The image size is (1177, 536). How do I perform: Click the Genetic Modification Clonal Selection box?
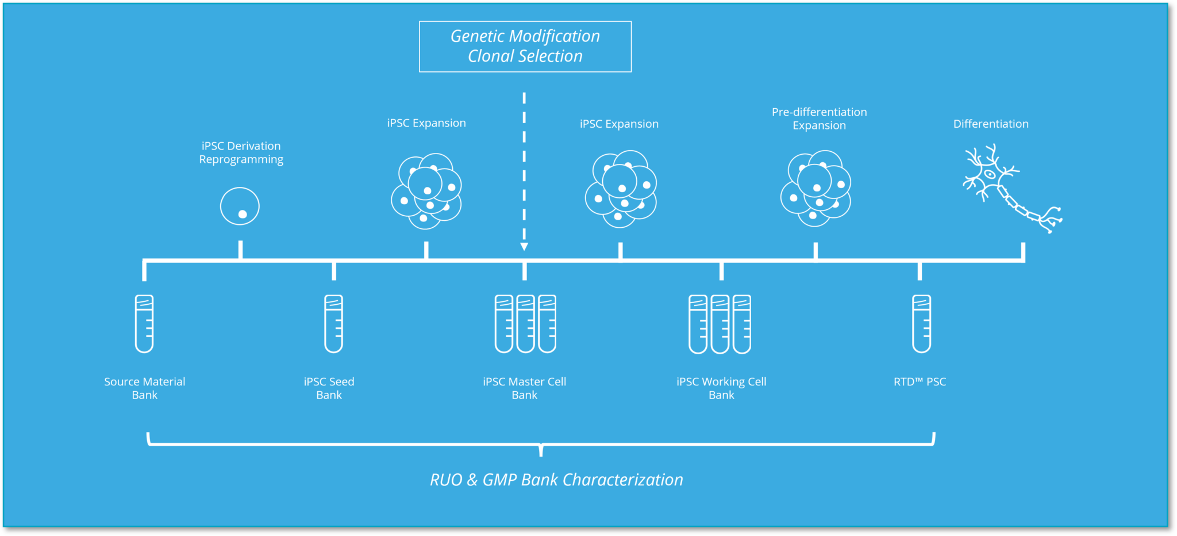click(525, 47)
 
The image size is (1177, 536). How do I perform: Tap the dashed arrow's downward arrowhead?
click(524, 246)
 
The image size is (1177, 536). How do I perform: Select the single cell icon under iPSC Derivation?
click(240, 206)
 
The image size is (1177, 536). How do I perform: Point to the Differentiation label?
click(991, 124)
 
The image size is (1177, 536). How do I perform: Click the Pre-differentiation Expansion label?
click(819, 118)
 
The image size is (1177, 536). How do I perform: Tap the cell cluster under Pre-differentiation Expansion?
click(816, 189)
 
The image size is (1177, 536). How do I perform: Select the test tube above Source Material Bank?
click(144, 323)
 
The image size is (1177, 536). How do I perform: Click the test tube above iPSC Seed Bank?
click(333, 323)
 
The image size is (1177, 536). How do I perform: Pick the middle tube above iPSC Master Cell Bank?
click(525, 323)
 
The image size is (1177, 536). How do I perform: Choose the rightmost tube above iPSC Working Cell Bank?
click(742, 324)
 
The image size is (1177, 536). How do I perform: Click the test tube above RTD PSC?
click(921, 323)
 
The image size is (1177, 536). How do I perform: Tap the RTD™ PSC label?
click(920, 382)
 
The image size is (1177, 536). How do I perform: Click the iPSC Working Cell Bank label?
click(721, 388)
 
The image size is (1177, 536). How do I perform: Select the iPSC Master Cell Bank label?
click(524, 388)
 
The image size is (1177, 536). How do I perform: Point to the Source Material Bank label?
click(144, 388)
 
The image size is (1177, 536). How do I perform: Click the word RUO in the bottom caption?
click(446, 480)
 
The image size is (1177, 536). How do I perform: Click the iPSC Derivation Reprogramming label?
click(241, 152)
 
